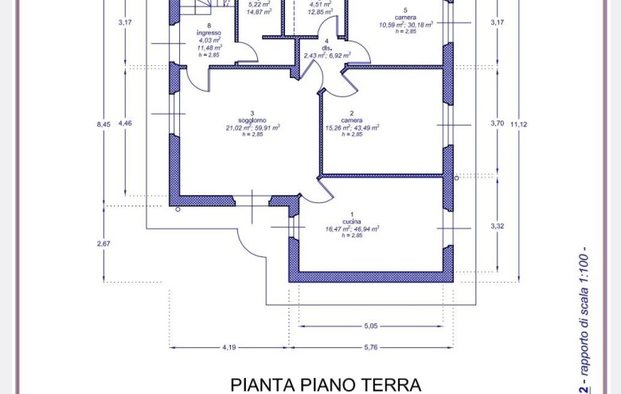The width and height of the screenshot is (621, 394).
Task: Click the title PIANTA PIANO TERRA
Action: (x=326, y=384)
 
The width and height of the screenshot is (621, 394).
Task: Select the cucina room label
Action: (x=352, y=220)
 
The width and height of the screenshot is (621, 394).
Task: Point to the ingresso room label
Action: (x=209, y=33)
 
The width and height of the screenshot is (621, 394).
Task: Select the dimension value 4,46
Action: (x=125, y=124)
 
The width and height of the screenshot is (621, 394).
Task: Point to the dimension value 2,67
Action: (x=103, y=244)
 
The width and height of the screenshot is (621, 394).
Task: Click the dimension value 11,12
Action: (x=518, y=124)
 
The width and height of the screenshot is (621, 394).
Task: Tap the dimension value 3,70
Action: (x=497, y=123)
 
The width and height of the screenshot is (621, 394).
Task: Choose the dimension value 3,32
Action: (x=497, y=227)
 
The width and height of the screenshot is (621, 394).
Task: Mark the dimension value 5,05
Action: (x=371, y=326)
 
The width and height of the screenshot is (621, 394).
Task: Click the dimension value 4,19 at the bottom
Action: (x=228, y=346)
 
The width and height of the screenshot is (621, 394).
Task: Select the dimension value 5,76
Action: (x=372, y=346)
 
